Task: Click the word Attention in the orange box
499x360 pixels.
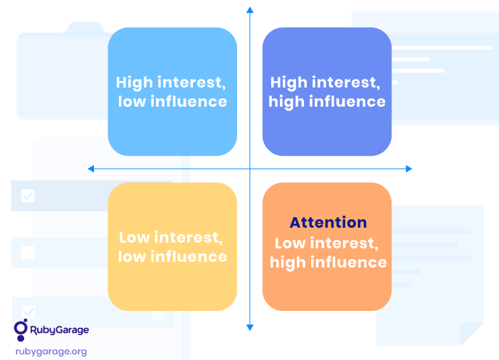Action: tap(328, 222)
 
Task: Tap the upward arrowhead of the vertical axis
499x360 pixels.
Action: tap(250, 9)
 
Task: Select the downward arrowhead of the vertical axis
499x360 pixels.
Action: tap(250, 327)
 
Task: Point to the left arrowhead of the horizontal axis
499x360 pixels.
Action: tap(90, 169)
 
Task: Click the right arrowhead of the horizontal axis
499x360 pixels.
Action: tap(409, 169)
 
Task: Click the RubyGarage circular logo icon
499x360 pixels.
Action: tap(21, 330)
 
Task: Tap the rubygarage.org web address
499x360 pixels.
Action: tap(51, 351)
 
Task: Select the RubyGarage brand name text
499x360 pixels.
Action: tap(60, 330)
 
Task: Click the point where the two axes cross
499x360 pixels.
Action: tap(250, 169)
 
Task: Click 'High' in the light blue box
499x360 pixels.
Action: tap(135, 83)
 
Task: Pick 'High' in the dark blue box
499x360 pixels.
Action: tap(289, 83)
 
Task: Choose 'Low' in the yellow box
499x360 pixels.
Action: tap(134, 238)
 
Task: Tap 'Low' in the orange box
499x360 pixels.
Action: tap(290, 243)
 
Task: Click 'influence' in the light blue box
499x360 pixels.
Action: tap(189, 102)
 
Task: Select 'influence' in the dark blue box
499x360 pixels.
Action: tap(347, 102)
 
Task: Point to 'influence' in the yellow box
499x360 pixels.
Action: tap(189, 256)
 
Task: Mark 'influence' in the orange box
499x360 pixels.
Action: tap(349, 262)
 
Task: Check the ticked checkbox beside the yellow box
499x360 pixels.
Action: tap(28, 196)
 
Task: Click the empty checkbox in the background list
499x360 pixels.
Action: tap(28, 253)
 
